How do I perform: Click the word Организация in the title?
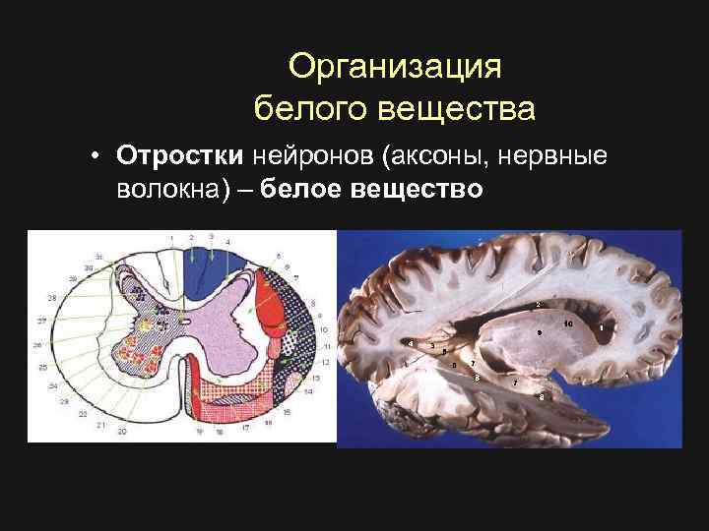(x=395, y=67)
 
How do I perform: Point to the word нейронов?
(x=315, y=156)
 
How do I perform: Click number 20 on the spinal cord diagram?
(x=122, y=431)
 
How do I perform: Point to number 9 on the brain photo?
(x=537, y=332)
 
